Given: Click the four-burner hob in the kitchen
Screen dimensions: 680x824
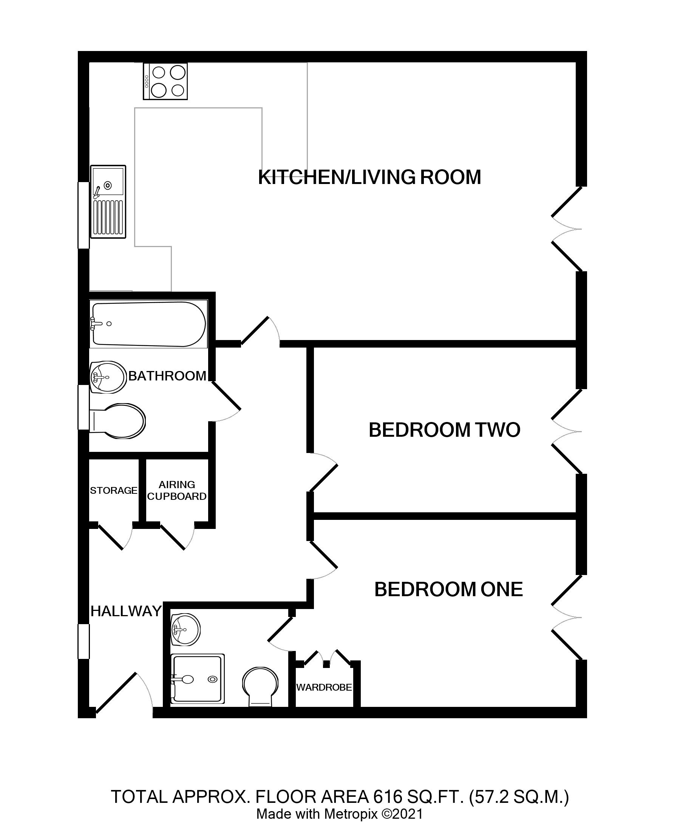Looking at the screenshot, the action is point(165,82).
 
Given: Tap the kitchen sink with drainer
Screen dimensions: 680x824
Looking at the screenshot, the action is point(108,201).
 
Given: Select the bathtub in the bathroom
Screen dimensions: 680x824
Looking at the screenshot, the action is point(148,324).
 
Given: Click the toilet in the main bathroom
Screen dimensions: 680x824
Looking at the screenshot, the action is point(117,421).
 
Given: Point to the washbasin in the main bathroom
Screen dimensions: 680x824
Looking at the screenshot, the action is point(108,377).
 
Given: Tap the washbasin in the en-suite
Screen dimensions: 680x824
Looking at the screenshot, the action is point(185,629).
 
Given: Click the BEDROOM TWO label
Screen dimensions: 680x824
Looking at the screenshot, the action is point(444,430).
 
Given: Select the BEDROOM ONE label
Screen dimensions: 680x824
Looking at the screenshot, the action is point(448,589).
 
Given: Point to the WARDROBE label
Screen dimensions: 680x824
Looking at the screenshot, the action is point(324,687).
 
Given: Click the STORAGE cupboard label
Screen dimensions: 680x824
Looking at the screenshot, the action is point(114,490).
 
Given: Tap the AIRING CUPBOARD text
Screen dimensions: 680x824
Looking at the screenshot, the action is point(177,490).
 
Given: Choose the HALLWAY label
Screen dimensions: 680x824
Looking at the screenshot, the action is point(126,611).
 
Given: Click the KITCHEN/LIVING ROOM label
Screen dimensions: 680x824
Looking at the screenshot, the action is point(369,177).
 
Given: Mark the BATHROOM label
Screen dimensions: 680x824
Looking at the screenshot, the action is point(167,376).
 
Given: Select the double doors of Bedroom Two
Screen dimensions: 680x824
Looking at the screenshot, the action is point(566,431).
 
